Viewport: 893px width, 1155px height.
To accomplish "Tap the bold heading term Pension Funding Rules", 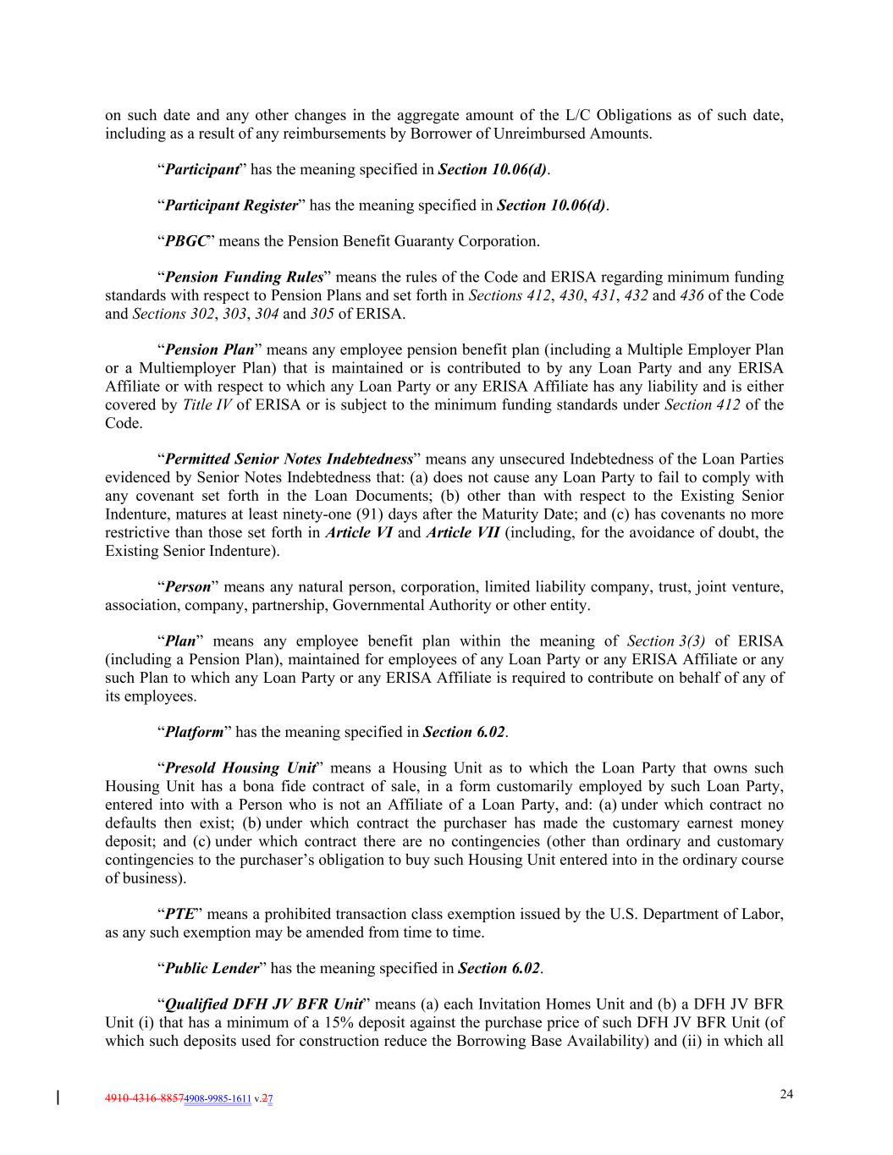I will click(244, 278).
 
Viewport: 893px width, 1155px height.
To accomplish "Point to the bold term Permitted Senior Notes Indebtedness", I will click(288, 459).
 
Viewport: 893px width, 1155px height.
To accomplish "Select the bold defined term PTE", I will click(179, 914).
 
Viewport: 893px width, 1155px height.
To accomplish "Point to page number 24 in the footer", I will click(786, 1094).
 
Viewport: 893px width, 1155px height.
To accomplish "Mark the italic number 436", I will click(692, 295).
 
